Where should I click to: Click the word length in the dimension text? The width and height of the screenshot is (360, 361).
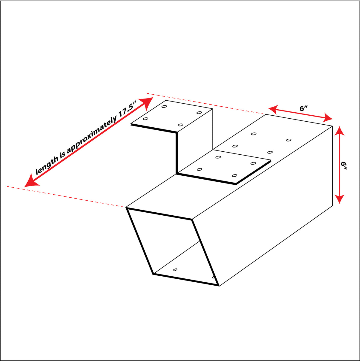tap(47, 165)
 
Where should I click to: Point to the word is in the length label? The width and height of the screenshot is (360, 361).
tap(63, 155)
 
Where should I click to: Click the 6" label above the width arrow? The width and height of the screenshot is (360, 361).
tap(304, 108)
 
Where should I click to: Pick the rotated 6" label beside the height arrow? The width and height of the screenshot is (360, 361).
tap(344, 165)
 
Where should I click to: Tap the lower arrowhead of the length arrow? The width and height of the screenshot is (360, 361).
tap(31, 180)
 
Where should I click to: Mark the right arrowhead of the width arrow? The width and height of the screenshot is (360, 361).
tap(328, 118)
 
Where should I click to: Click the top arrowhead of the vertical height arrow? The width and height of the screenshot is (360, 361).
tap(339, 131)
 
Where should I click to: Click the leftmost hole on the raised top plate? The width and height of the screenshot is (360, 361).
tap(145, 119)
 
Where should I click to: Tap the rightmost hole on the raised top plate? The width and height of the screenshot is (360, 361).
tap(199, 113)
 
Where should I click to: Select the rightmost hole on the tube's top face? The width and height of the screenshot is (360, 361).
tap(289, 140)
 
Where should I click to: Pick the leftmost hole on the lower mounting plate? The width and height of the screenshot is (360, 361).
tap(199, 169)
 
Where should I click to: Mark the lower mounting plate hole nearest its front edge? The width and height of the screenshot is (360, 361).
tap(235, 175)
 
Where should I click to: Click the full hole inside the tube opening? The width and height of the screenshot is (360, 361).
tap(175, 270)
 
